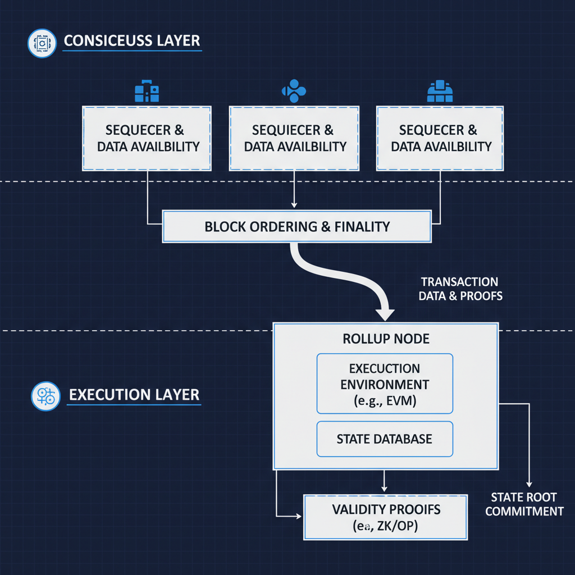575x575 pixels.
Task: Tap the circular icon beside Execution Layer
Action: click(45, 396)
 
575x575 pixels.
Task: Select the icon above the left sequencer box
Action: click(147, 92)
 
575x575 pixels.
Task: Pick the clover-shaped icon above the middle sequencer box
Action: click(293, 91)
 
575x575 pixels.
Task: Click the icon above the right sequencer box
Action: click(440, 92)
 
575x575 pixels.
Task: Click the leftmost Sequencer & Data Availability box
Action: click(147, 138)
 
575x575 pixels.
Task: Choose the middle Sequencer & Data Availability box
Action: click(294, 138)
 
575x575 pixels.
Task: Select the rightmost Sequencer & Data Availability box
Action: click(440, 138)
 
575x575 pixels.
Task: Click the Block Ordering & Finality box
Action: click(297, 227)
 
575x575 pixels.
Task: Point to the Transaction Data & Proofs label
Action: click(460, 289)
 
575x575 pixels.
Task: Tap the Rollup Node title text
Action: click(386, 339)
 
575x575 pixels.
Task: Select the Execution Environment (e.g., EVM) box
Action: click(385, 384)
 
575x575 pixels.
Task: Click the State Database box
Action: click(385, 439)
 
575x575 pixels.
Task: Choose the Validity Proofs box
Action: click(385, 517)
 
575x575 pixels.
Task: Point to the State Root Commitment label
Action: click(524, 504)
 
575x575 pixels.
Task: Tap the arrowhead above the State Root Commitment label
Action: click(528, 483)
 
